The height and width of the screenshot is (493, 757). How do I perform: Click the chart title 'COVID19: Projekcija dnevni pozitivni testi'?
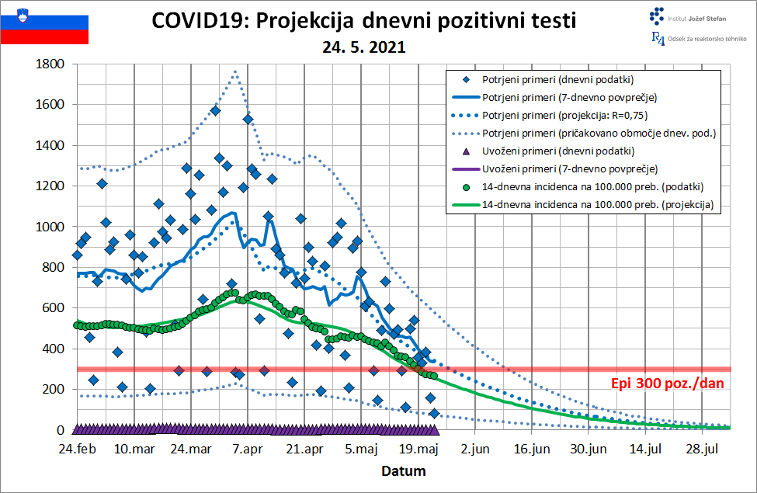(363, 21)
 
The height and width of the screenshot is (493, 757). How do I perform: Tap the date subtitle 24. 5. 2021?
(363, 47)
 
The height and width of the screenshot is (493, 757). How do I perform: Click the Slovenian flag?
(44, 26)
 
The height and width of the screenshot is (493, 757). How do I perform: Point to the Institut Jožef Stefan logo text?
(696, 19)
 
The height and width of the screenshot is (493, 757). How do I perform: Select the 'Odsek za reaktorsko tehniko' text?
(707, 39)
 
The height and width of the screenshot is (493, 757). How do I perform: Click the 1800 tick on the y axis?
(50, 64)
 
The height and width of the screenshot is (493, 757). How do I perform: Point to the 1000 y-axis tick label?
(50, 227)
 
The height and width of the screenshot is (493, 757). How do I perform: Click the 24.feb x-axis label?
(77, 449)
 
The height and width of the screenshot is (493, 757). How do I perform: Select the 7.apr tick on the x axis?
(248, 449)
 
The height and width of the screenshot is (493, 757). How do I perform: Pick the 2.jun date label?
(475, 449)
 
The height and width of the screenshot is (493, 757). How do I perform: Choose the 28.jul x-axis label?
(703, 449)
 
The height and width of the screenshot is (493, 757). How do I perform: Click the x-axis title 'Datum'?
(404, 470)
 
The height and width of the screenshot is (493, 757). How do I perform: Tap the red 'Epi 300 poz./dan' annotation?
(667, 384)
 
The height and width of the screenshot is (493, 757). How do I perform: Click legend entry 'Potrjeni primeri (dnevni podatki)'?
(557, 80)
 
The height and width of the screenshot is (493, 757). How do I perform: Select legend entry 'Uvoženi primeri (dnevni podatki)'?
(558, 151)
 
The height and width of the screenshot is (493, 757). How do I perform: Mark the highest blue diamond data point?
(215, 110)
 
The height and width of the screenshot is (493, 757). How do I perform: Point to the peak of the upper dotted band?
(235, 72)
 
